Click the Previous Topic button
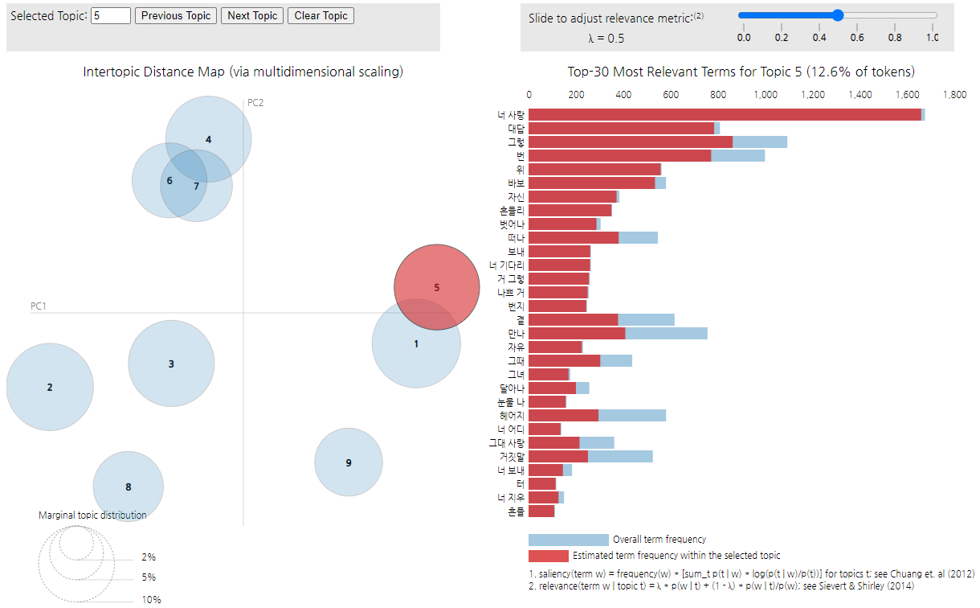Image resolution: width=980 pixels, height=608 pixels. [x=176, y=16]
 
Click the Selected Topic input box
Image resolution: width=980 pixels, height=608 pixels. [x=111, y=16]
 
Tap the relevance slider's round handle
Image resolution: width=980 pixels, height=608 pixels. [x=838, y=15]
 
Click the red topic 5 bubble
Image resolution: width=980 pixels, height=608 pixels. [x=436, y=287]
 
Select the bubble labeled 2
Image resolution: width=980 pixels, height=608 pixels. [x=50, y=387]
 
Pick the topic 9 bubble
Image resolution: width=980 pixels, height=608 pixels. [x=348, y=462]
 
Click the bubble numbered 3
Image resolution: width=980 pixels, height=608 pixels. [x=171, y=364]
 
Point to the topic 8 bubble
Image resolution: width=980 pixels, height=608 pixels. [x=128, y=487]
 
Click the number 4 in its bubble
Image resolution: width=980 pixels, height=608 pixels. [x=209, y=139]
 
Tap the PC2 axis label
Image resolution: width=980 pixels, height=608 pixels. [x=256, y=103]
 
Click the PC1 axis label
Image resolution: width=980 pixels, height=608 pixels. [x=39, y=306]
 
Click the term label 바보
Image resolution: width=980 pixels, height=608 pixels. [x=516, y=183]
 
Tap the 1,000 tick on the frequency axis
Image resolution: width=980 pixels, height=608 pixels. [x=766, y=95]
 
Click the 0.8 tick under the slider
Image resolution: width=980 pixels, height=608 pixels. [x=894, y=38]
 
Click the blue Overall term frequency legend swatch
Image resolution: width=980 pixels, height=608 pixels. [x=568, y=540]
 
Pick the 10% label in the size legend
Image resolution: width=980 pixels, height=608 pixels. [x=151, y=599]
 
